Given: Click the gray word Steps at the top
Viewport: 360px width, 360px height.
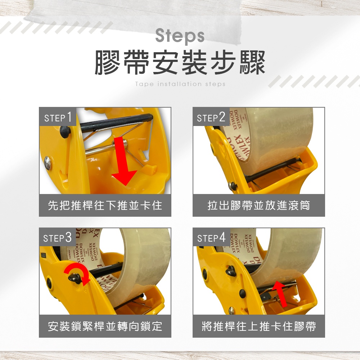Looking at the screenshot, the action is [x=180, y=36].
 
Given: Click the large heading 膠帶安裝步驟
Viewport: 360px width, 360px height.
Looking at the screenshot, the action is [x=180, y=62].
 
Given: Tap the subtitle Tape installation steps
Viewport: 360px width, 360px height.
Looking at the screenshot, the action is [x=180, y=84].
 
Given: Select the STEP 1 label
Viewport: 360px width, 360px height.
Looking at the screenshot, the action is [x=58, y=117].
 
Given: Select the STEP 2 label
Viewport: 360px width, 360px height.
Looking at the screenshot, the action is [x=211, y=117].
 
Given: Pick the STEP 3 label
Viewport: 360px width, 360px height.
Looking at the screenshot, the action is [x=57, y=238].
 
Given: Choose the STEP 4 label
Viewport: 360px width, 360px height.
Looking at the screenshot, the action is [x=211, y=238].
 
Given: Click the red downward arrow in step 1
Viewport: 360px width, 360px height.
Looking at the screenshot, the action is [x=123, y=161].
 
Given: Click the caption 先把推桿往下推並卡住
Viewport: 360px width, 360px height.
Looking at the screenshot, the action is [x=105, y=205].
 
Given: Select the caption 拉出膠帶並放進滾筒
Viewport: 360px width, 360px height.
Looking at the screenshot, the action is [x=259, y=205].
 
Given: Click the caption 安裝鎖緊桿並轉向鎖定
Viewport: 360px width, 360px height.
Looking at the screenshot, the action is [x=105, y=326].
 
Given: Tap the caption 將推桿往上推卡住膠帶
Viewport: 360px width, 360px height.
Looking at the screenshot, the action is [x=259, y=326].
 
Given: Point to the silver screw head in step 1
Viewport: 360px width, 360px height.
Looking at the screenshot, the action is [x=48, y=163].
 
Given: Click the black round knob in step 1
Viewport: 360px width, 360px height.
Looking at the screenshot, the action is [x=65, y=132].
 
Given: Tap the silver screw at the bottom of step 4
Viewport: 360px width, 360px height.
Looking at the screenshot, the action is [x=231, y=310].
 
